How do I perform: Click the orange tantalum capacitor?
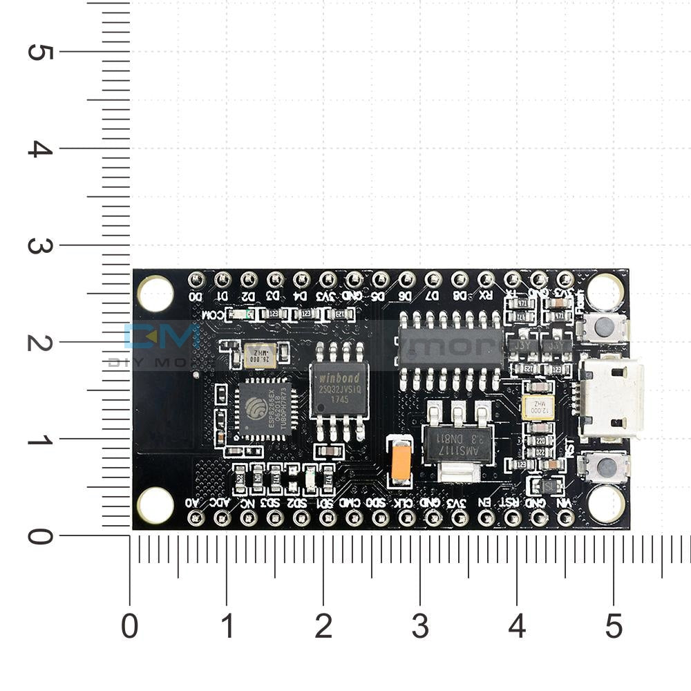pyautogui.click(x=401, y=462)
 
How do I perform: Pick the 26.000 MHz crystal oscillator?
pyautogui.click(x=259, y=357)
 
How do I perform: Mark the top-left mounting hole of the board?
pyautogui.click(x=155, y=293)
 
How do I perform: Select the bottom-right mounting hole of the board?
pyautogui.click(x=605, y=504)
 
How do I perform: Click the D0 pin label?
pyautogui.click(x=196, y=297)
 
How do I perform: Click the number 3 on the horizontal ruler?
pyautogui.click(x=419, y=627)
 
